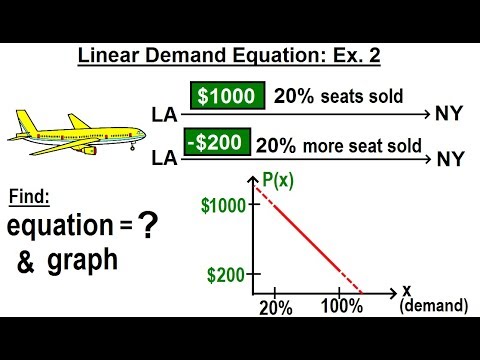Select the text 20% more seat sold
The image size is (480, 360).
(x=339, y=143)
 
